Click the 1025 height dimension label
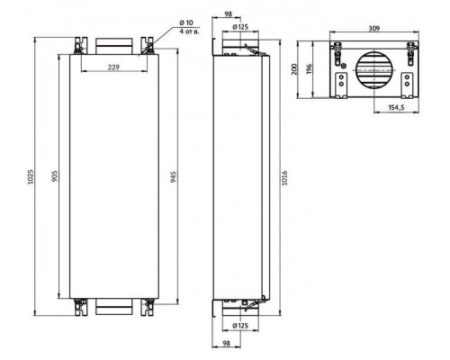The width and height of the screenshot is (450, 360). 31,176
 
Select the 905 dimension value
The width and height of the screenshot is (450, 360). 55,176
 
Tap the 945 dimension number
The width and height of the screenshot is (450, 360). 174,177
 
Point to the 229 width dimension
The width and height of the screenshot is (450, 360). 113,67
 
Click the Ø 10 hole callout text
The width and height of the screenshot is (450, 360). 186,22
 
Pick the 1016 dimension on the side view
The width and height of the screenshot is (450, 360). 284,178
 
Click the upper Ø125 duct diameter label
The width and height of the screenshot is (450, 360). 240,27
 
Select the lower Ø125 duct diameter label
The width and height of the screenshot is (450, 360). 240,325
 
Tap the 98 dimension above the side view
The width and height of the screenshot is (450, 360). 229,13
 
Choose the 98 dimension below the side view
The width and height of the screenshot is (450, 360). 227,343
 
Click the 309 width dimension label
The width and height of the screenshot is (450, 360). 374,28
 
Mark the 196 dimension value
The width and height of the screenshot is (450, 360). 310,69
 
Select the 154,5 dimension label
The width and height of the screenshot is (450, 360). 397,108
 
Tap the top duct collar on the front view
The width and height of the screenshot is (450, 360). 113,46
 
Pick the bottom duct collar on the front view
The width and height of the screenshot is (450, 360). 113,307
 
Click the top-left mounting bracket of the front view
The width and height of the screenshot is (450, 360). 81,46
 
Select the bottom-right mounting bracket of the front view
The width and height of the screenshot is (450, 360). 147,307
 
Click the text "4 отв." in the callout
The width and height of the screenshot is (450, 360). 189,31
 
